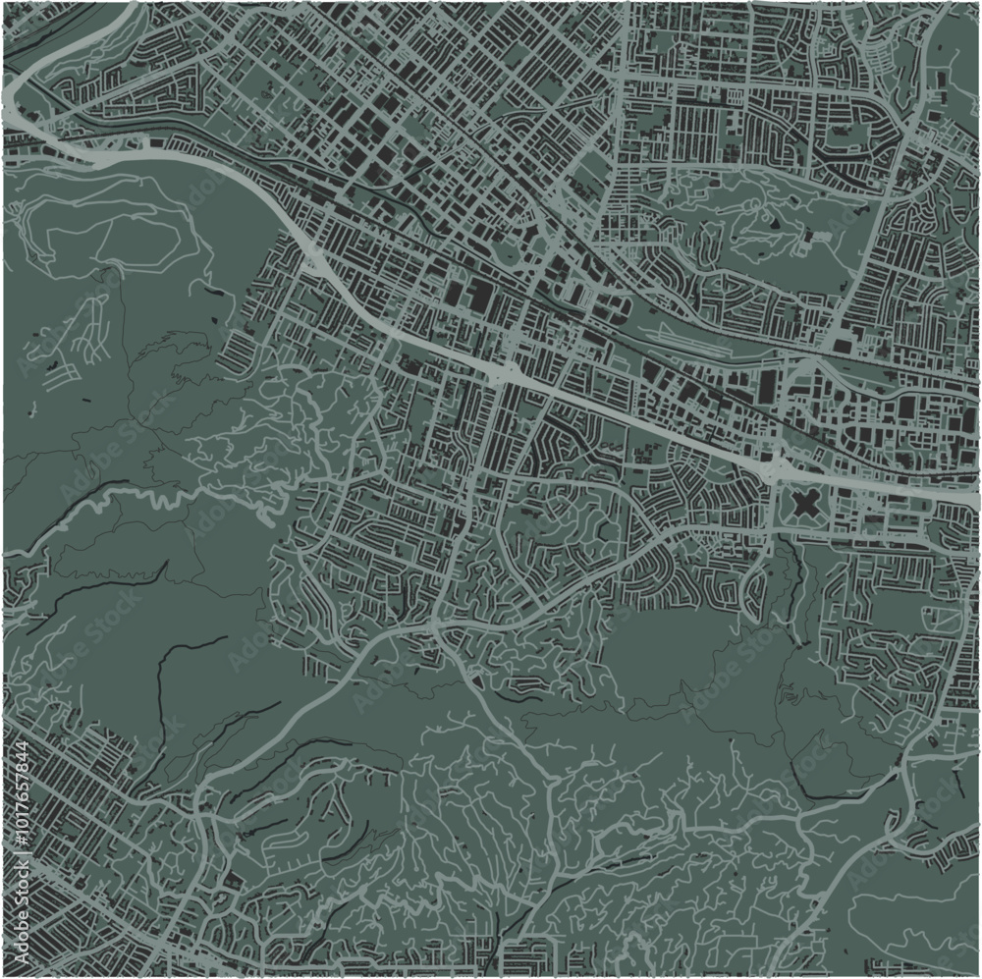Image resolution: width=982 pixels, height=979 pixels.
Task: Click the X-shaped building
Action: pyautogui.click(x=804, y=506)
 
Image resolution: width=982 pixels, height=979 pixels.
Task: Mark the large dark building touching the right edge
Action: pyautogui.click(x=966, y=421)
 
